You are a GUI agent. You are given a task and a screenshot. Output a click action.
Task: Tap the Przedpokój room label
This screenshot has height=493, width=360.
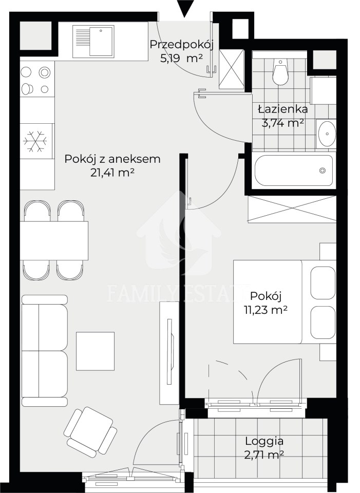pos(181,44)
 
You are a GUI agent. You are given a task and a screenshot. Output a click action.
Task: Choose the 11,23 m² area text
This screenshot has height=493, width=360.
pos(266,310)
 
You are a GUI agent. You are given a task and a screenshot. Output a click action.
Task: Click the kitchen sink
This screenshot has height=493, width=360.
pos(93,42)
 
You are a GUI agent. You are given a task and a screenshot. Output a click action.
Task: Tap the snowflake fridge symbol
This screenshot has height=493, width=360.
pos(35,141)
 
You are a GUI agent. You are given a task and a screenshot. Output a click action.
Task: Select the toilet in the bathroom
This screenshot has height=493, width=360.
pos(280,71)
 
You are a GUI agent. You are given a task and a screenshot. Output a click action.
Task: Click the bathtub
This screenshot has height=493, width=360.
pos(294,170)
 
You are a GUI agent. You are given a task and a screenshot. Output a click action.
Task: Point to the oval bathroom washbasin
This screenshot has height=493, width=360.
pos(327,134)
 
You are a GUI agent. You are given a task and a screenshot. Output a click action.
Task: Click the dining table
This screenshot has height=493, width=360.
pos(54,241)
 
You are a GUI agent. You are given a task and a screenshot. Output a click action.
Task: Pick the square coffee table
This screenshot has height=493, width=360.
pos(96,351)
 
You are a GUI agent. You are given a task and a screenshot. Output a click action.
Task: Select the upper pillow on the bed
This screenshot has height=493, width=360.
pos(323,283)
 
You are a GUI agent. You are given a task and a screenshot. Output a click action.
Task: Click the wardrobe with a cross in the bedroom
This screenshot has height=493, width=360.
pos(292,209)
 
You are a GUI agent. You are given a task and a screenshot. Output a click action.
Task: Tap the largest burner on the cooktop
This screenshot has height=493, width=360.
pos(45,72)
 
